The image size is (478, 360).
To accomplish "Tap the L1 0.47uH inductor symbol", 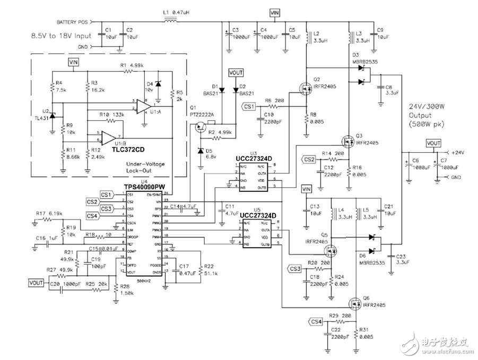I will click(171, 22).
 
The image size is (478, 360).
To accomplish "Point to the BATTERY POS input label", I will click(73, 22).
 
